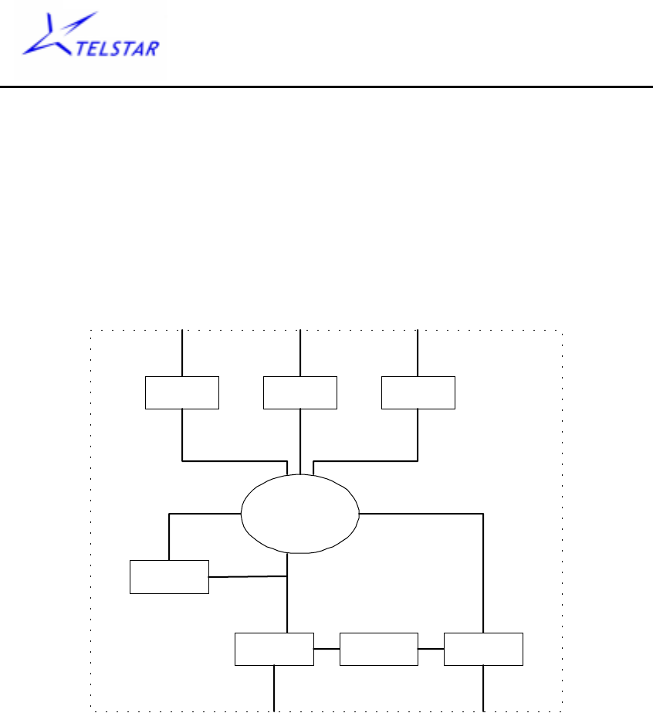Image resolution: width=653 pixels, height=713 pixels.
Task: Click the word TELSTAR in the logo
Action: pos(120,50)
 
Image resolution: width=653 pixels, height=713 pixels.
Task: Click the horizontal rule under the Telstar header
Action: pos(326,87)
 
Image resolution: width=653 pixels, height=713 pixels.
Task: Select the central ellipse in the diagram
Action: pos(300,514)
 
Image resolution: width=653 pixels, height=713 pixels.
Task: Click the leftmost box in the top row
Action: pos(182,392)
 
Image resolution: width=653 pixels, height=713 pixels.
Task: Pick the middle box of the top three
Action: pos(299,392)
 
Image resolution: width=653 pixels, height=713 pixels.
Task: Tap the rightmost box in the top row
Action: pos(418,392)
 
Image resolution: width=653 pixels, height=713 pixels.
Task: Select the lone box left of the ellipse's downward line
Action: pos(169,576)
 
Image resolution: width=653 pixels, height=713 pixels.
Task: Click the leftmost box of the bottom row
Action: pos(274,649)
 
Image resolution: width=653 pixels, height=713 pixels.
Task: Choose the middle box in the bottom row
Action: pos(378,649)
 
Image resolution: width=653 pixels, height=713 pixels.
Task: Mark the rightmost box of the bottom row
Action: pos(483,649)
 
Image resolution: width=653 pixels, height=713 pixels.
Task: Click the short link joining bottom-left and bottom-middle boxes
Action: pos(326,649)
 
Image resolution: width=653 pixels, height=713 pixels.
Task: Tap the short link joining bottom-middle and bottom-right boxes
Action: pos(431,649)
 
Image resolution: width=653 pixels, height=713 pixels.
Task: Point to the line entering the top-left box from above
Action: pos(182,353)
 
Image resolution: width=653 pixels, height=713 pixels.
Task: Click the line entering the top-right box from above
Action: pos(418,353)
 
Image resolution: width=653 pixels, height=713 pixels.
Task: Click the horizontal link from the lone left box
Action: pos(247,575)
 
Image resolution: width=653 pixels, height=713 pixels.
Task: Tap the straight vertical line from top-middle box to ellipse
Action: pos(299,440)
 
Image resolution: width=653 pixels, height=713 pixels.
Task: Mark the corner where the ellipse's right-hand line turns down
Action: pos(483,513)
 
